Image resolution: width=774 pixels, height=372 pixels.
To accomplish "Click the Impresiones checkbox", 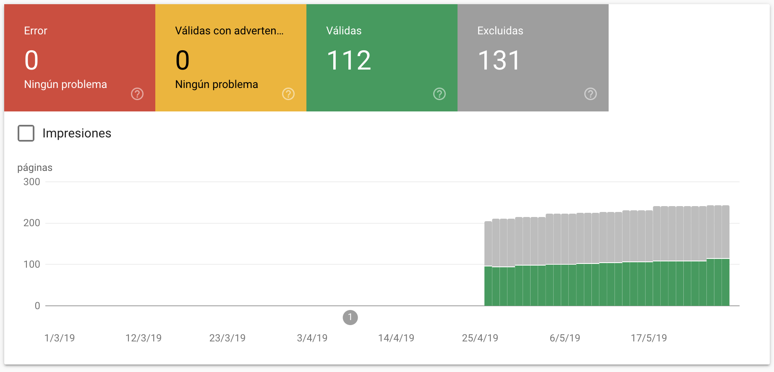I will coord(26,133).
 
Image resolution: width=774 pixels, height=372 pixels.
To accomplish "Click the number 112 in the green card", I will coord(349,60).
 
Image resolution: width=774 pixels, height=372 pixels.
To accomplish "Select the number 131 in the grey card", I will coord(499,60).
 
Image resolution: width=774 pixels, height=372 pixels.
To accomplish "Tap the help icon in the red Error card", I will coord(137,94).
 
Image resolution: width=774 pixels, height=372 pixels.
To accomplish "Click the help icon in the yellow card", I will coord(288,94).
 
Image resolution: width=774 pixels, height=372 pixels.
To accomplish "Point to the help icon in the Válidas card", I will coord(439,94).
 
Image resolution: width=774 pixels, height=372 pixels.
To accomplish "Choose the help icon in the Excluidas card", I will coord(591,94).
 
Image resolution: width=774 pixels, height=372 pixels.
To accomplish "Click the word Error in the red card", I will coord(36,31).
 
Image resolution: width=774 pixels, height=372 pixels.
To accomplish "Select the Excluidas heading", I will coord(500,31).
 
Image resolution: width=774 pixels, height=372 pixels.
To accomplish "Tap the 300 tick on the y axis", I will coord(32,182).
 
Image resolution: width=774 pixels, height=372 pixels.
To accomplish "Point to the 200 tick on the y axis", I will coord(32,223).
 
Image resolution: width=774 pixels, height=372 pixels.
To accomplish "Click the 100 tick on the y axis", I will coord(32,264).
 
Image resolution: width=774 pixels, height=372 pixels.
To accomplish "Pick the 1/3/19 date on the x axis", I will coord(60,338).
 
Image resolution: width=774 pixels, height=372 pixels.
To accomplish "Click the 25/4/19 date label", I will coord(480,338).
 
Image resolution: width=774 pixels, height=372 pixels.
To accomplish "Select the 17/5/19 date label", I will coord(648,338).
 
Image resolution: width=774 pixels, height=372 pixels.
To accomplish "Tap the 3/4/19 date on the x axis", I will coord(312,338).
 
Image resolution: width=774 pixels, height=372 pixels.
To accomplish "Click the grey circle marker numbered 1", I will coord(350,318).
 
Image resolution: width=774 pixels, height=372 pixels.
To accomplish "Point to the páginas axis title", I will coord(35,168).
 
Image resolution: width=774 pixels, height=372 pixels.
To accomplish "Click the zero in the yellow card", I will coord(183,60).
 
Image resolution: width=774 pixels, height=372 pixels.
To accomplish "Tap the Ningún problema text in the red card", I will coord(65,84).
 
